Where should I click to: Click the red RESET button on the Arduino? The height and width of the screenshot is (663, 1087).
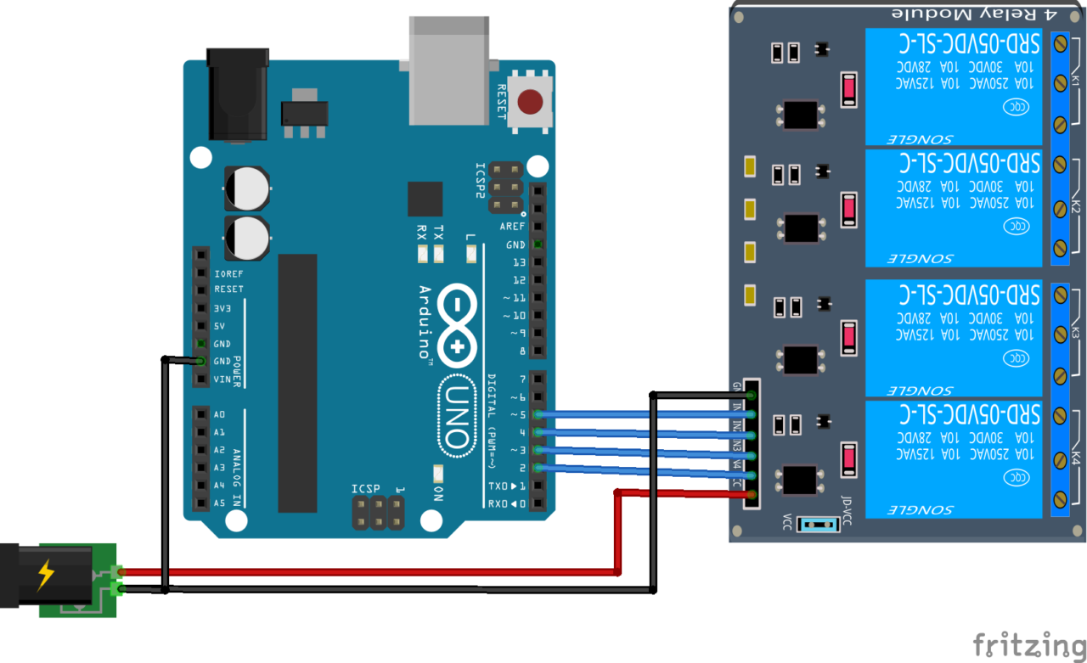(x=531, y=103)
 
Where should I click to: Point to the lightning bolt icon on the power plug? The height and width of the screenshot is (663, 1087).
(x=45, y=576)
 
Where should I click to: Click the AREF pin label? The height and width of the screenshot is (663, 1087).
(x=512, y=227)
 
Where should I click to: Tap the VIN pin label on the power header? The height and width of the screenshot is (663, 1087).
(x=222, y=379)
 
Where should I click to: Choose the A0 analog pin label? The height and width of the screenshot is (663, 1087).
(x=220, y=414)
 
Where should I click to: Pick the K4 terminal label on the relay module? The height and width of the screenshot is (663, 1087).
(x=1075, y=459)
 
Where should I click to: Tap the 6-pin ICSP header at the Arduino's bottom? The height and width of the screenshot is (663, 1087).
(x=378, y=512)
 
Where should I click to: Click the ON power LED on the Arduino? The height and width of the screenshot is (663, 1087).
(x=437, y=475)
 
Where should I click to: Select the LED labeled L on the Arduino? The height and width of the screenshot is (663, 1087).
(x=471, y=252)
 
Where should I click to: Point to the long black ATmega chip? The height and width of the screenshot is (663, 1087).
(x=297, y=384)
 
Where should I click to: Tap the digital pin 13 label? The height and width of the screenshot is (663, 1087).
(x=519, y=262)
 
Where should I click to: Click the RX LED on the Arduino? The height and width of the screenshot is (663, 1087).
(x=421, y=252)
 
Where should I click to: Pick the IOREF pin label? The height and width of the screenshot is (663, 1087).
(x=229, y=274)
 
